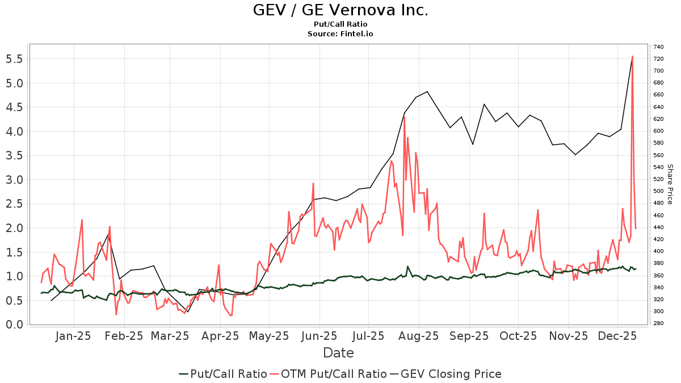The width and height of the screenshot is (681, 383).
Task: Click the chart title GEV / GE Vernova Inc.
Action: (x=340, y=10)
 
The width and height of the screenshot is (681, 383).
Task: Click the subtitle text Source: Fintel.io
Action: (x=340, y=33)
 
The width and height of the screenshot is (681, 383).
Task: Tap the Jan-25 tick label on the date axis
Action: (x=74, y=336)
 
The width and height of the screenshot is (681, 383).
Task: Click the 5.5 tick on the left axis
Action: (x=14, y=59)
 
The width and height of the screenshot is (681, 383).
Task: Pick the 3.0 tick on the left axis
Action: (x=14, y=180)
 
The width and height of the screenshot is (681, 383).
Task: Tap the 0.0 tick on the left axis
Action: (x=14, y=325)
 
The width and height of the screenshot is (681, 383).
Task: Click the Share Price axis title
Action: (x=670, y=184)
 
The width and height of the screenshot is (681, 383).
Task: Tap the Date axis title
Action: (x=338, y=353)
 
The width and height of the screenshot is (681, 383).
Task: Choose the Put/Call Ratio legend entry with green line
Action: (x=222, y=374)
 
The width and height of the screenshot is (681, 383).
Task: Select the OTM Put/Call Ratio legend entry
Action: (x=327, y=374)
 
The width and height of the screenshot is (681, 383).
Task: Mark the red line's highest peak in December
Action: (x=632, y=56)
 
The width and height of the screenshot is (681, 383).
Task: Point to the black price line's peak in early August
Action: (x=427, y=91)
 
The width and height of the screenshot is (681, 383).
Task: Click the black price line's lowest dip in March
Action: (x=187, y=312)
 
